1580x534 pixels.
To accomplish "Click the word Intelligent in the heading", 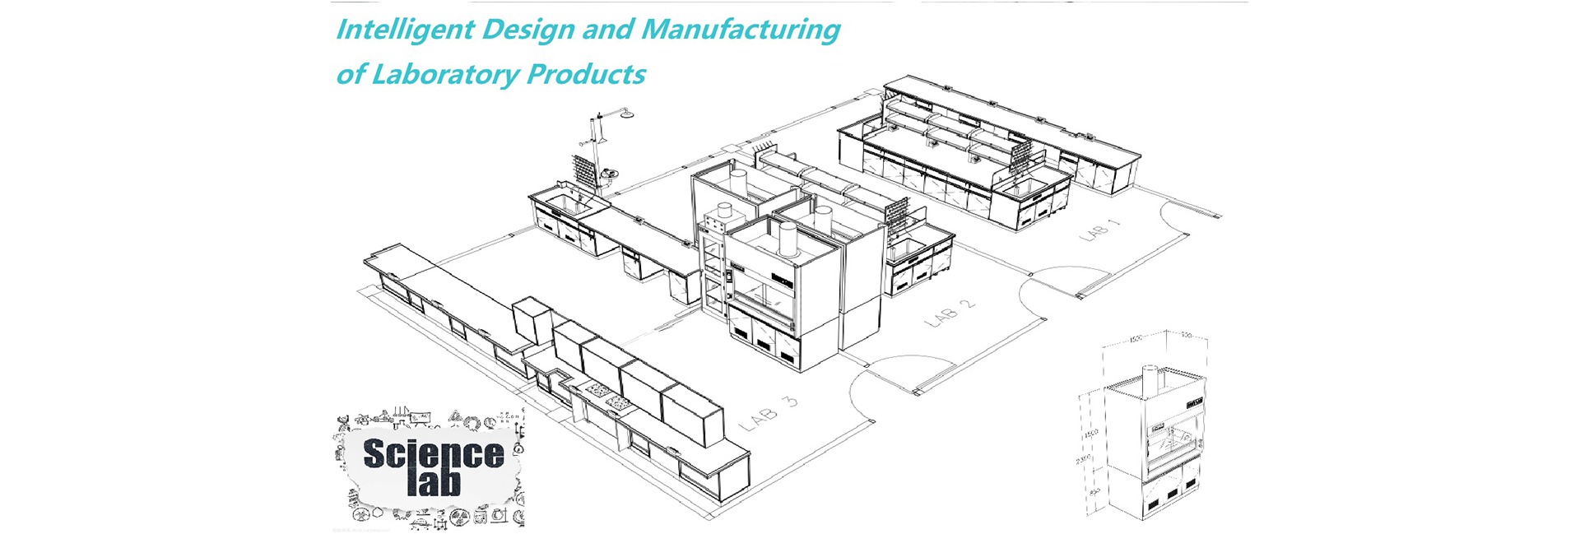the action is (404, 30).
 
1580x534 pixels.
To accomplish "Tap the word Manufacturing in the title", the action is (740, 30).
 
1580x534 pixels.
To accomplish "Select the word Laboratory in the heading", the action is (445, 75).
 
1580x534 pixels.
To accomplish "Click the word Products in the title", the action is (586, 75).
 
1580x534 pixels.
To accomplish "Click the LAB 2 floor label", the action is (950, 313).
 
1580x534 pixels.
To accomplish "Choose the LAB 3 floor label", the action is (769, 414).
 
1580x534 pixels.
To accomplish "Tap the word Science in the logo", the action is (433, 454).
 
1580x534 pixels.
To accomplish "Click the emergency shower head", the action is (628, 114).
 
